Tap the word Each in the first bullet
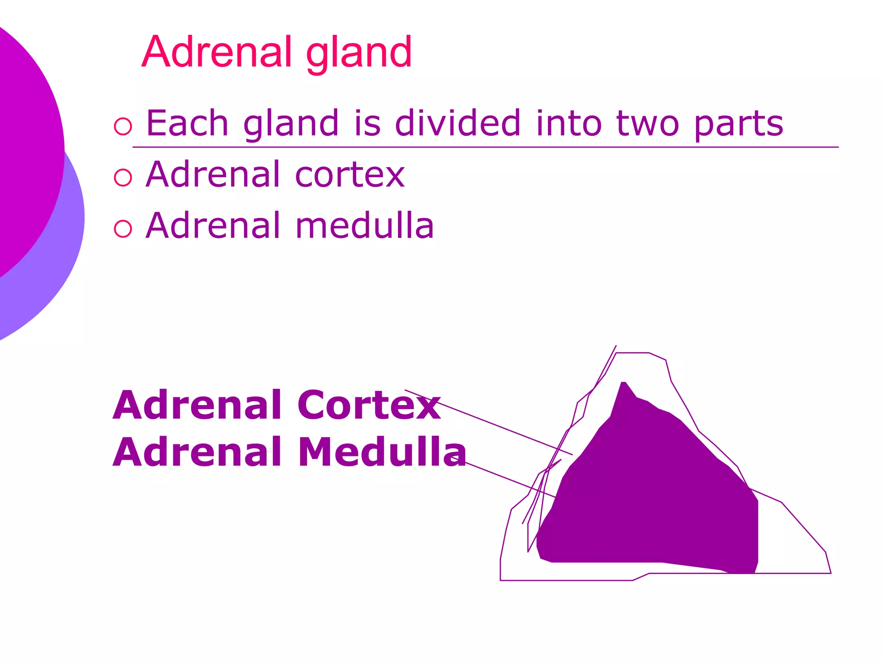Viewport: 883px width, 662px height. click(187, 124)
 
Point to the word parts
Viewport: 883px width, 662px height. click(738, 125)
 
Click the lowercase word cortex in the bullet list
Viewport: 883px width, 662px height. click(350, 175)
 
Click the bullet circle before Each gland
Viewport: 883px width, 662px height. click(123, 126)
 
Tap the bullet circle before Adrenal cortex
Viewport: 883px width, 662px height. click(123, 177)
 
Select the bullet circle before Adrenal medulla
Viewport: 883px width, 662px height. click(123, 228)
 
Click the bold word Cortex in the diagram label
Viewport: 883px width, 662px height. click(369, 405)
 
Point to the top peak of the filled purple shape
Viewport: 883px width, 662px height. click(623, 384)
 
